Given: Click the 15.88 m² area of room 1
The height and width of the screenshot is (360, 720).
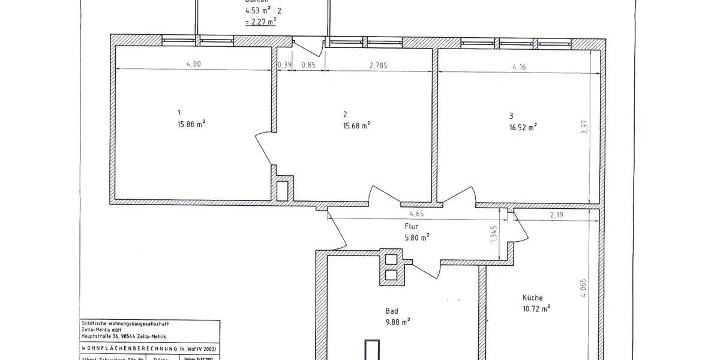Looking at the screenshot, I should click(193, 124).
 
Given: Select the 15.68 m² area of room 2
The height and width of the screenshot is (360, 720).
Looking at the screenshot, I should click(356, 125).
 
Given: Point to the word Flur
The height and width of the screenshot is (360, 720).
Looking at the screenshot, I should click(411, 227).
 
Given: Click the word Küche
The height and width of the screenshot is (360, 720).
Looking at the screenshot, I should click(532, 298).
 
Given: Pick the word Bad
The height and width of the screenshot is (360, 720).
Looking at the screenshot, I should click(391, 311).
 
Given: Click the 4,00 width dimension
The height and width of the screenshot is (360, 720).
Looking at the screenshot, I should click(194, 65).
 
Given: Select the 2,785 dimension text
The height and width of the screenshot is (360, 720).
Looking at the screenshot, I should click(378, 65).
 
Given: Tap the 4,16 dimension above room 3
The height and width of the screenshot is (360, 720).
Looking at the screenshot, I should click(519, 67).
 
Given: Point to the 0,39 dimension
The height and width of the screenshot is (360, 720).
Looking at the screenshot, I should click(284, 65).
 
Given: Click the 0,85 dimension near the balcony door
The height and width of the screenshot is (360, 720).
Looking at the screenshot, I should click(308, 65).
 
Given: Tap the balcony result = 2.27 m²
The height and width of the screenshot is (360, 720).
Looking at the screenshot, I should click(260, 21).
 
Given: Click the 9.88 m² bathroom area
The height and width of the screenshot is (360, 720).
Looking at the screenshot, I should click(397, 322).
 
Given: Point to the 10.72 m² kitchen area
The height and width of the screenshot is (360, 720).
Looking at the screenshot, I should click(536, 308).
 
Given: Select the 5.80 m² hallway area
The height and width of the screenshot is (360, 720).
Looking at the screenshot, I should click(417, 237).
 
